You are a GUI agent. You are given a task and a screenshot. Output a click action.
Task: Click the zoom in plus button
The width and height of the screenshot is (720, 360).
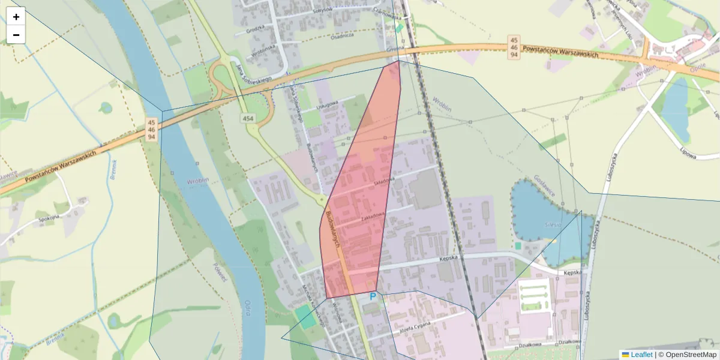click(16, 17)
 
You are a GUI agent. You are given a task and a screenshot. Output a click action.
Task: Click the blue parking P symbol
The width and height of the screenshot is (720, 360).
click(373, 296)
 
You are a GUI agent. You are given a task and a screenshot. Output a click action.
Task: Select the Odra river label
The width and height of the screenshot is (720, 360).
click(247, 308)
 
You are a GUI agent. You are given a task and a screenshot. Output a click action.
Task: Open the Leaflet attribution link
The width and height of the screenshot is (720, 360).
click(641, 355)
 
